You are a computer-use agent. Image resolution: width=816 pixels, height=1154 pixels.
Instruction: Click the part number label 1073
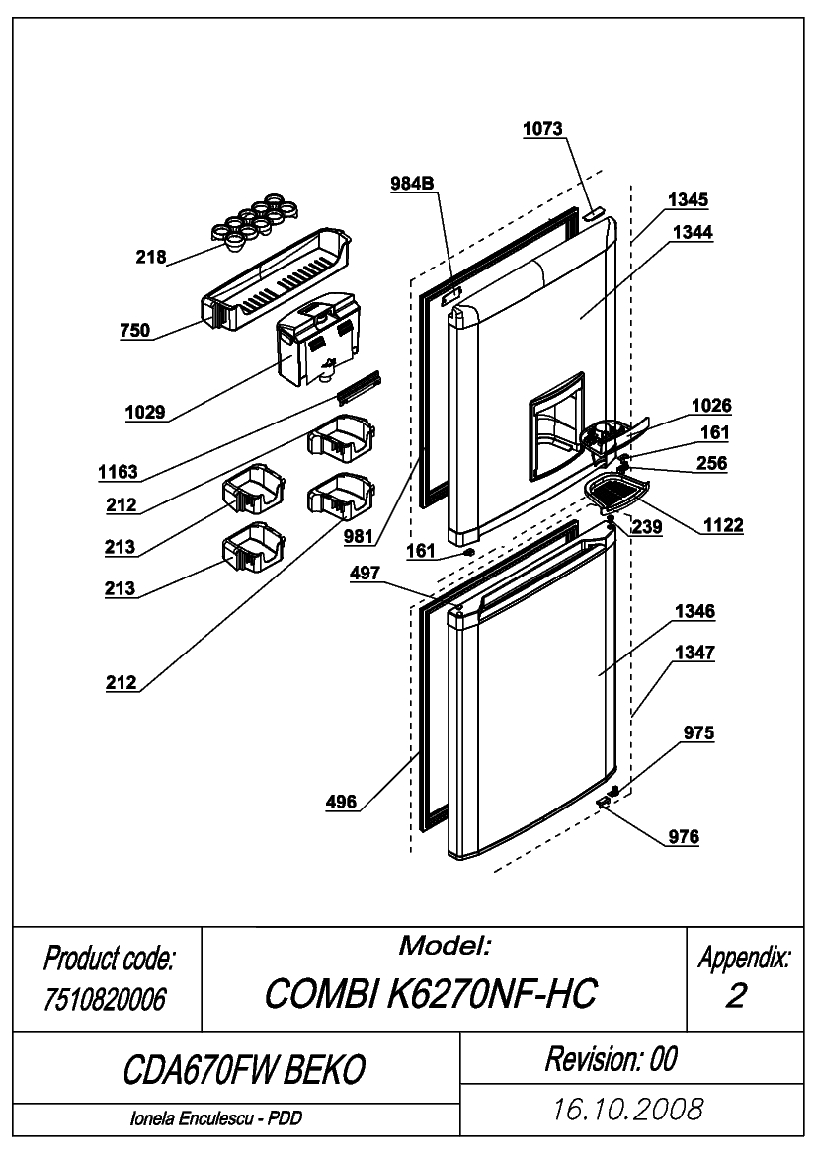click(542, 129)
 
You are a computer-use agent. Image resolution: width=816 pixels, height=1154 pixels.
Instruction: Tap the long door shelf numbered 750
click(277, 279)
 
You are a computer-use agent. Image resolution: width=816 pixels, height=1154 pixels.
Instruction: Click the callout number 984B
click(412, 184)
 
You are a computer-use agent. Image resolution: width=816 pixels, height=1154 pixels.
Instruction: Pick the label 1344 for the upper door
click(694, 233)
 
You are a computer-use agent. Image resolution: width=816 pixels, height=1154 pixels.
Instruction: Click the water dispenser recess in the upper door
click(557, 426)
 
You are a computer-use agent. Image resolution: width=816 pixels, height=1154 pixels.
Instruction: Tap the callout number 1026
click(711, 406)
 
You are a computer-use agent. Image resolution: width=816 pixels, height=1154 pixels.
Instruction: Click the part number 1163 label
click(118, 473)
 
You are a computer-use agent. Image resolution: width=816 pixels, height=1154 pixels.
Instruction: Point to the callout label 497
click(365, 574)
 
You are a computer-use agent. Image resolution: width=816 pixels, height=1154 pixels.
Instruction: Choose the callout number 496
click(341, 803)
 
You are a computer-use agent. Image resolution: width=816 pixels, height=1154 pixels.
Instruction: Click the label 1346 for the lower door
click(695, 612)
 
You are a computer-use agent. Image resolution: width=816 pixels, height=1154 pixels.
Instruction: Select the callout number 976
click(684, 837)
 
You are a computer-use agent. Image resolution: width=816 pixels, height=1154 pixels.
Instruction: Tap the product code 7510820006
click(106, 999)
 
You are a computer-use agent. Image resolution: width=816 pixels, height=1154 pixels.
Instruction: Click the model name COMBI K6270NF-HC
click(431, 993)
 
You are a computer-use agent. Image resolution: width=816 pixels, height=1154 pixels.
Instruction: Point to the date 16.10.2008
click(628, 1110)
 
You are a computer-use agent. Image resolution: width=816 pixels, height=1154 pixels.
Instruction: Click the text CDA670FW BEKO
click(244, 1069)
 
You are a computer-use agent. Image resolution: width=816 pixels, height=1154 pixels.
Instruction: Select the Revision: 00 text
click(612, 1059)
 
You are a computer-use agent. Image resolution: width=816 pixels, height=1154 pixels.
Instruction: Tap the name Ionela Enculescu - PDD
click(215, 1118)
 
